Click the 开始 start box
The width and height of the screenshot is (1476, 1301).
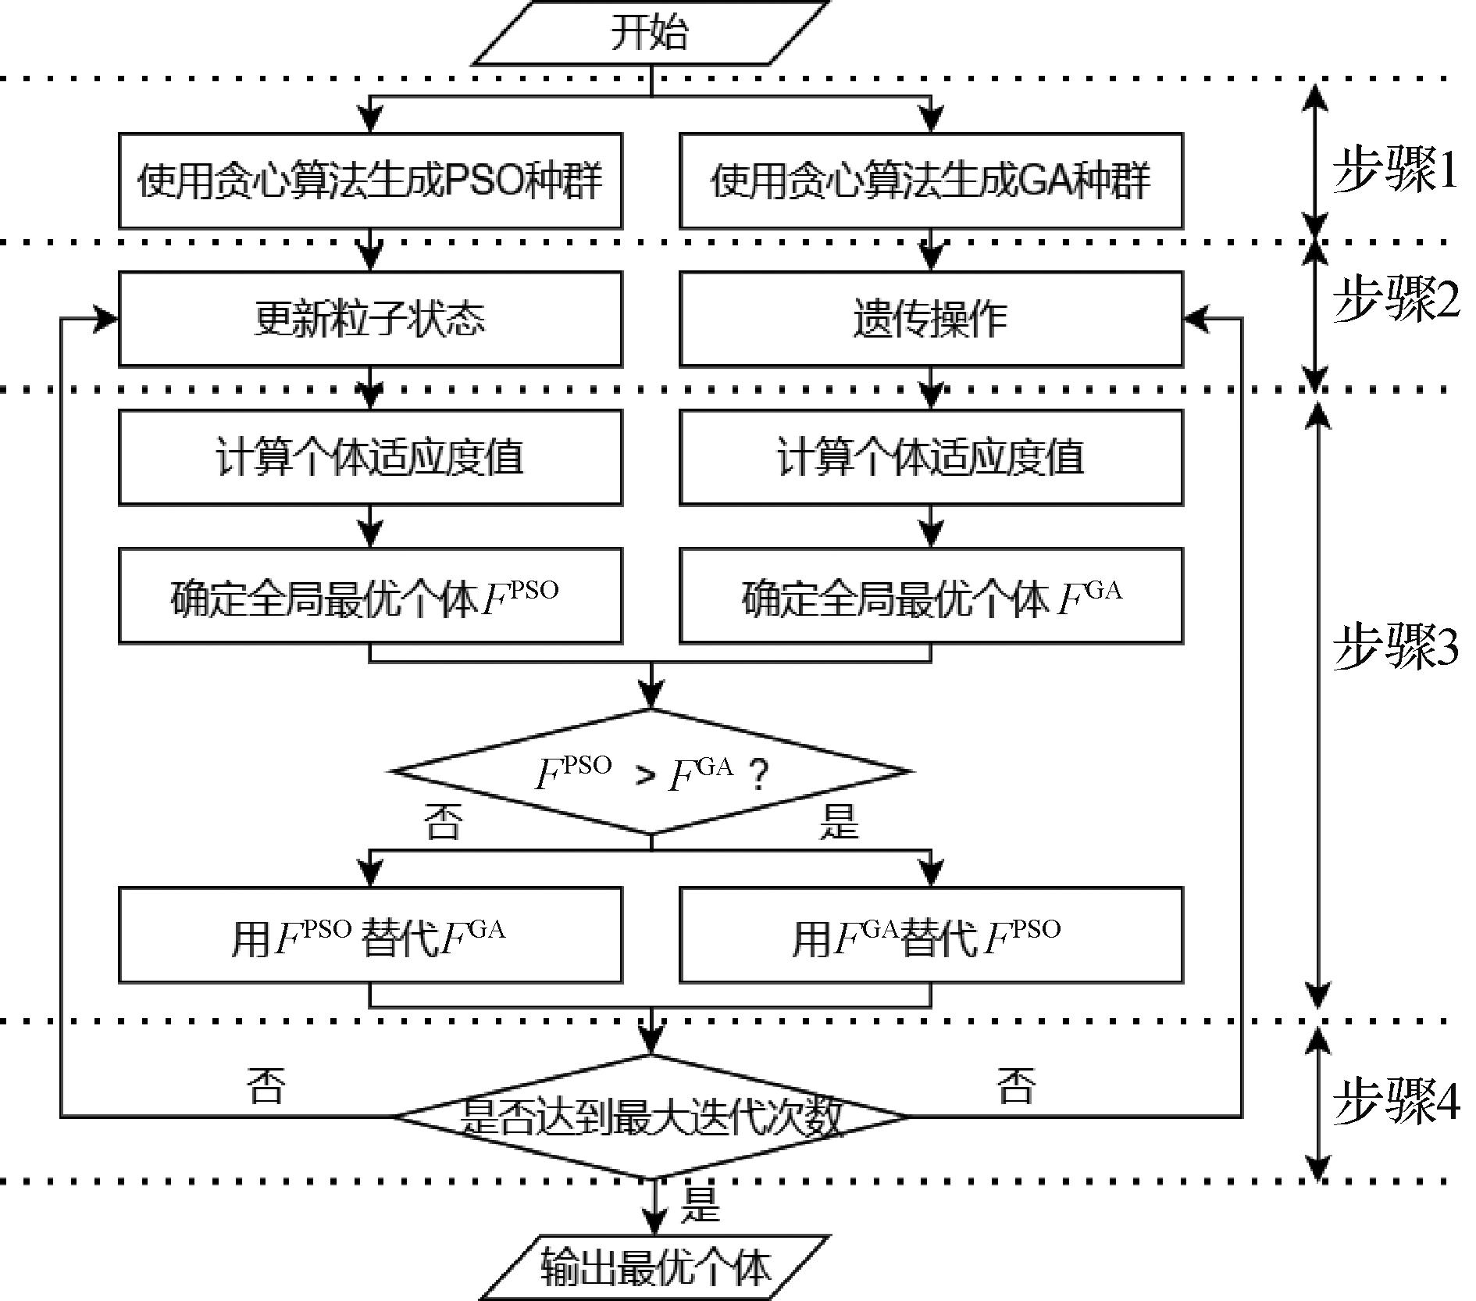(650, 33)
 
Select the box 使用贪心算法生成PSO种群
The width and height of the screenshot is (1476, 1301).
(370, 180)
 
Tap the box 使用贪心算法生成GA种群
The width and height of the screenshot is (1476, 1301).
(931, 180)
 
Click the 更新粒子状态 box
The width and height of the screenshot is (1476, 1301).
(370, 319)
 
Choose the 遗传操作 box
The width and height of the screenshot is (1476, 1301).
(931, 319)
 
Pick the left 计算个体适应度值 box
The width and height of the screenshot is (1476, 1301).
(370, 457)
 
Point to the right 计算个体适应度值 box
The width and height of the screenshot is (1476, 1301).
(931, 457)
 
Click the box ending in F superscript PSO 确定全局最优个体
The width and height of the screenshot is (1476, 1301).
(370, 595)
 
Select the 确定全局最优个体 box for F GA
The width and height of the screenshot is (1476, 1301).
(931, 595)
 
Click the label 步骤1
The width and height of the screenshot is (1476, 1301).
(1395, 169)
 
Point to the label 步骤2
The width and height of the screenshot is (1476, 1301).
(1395, 298)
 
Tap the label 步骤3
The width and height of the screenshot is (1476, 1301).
(1395, 646)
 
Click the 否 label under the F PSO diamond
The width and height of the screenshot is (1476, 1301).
(443, 821)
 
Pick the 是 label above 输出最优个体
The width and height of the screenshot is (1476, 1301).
(700, 1204)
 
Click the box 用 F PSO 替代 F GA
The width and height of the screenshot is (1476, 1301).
(370, 935)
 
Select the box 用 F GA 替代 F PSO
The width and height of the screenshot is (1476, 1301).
(931, 935)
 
